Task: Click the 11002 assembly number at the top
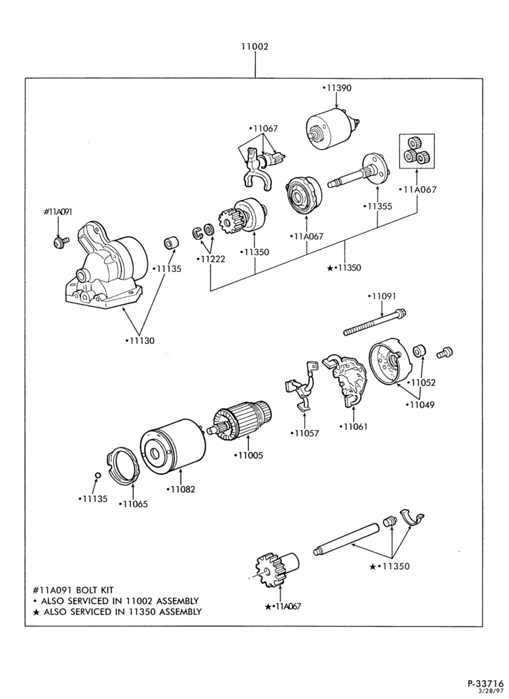click(x=255, y=46)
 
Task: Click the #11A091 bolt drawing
click(x=59, y=242)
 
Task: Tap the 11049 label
click(x=420, y=405)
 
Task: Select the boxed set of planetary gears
click(x=417, y=152)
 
